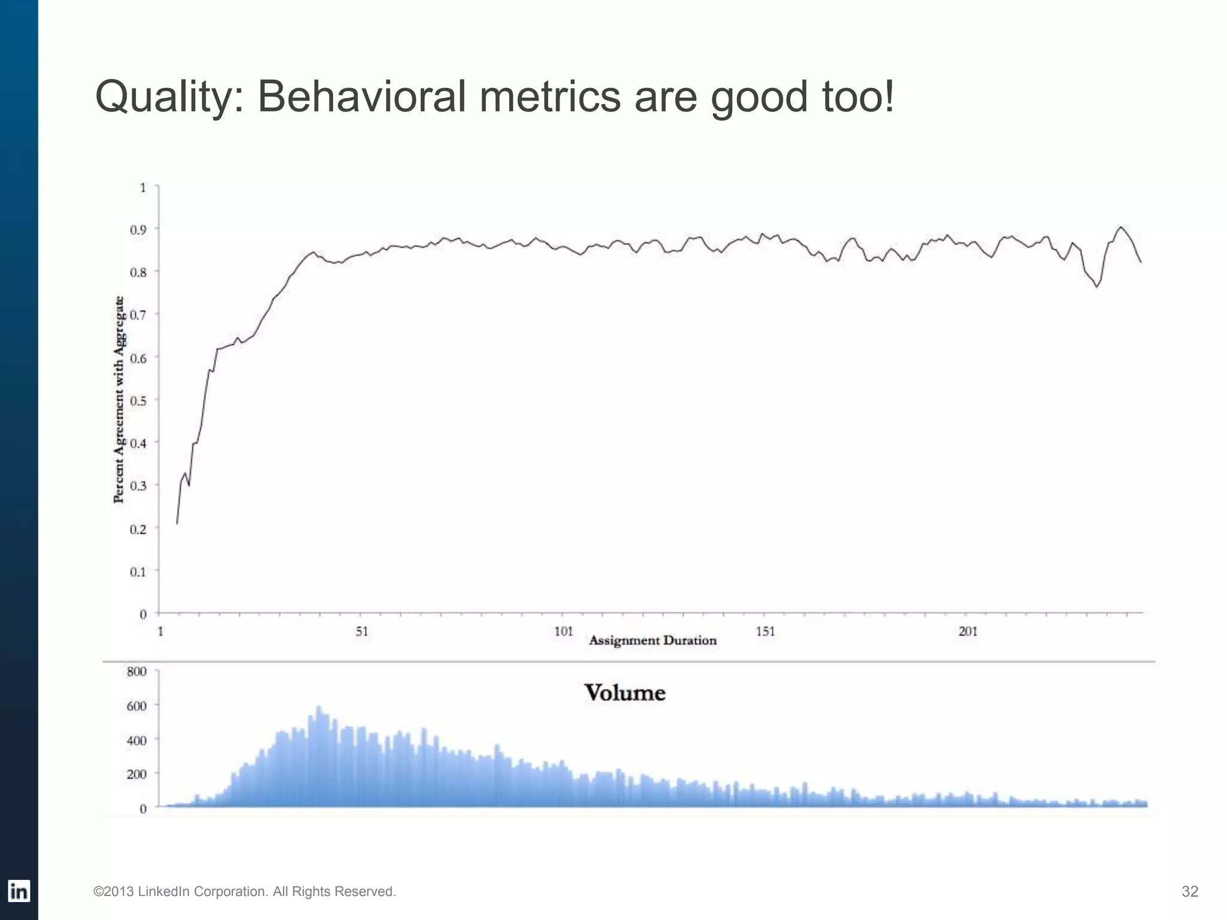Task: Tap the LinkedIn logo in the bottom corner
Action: tap(19, 891)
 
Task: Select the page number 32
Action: tap(1189, 891)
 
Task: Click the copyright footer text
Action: tap(244, 891)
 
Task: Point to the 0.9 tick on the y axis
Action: tap(138, 229)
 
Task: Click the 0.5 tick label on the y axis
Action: tap(138, 401)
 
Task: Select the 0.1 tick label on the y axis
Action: tap(138, 572)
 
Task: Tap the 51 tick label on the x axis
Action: tap(362, 631)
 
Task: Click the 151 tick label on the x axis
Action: tap(765, 631)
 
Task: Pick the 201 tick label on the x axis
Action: tap(968, 631)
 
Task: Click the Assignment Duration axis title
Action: tap(652, 640)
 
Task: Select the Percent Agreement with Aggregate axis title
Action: tap(119, 400)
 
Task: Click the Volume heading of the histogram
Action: tap(625, 693)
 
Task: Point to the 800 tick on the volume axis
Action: tap(137, 671)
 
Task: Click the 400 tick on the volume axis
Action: tap(137, 740)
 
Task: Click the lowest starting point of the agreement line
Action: tap(177, 523)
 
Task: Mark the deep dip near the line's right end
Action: tap(1097, 286)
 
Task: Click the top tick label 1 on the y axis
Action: tap(143, 187)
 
